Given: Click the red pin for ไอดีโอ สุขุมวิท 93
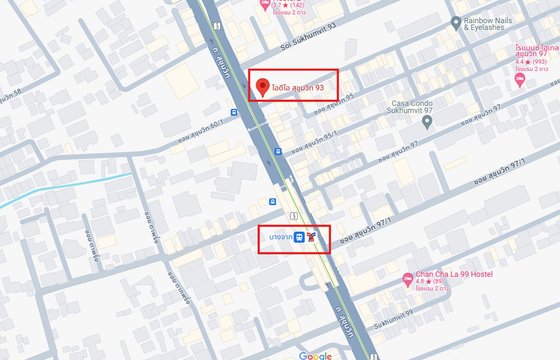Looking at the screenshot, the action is (x=263, y=87).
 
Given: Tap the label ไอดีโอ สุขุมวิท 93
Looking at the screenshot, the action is (x=298, y=88).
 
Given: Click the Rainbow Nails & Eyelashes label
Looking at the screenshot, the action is (x=488, y=24).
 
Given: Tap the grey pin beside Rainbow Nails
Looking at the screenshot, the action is (x=455, y=23).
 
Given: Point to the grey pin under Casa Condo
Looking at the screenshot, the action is (x=427, y=122).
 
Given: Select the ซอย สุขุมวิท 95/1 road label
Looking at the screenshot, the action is (x=315, y=142).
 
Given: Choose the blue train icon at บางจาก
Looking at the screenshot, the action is (x=299, y=237).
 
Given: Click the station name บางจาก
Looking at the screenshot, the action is (x=281, y=237).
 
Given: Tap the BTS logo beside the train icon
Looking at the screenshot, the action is (x=312, y=237).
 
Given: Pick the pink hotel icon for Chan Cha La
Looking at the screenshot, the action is (x=408, y=279).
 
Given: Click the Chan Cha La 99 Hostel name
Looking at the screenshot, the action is (x=454, y=274).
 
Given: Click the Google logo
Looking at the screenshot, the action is (x=315, y=356).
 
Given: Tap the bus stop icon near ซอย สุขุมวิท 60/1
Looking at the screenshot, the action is (x=234, y=112).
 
